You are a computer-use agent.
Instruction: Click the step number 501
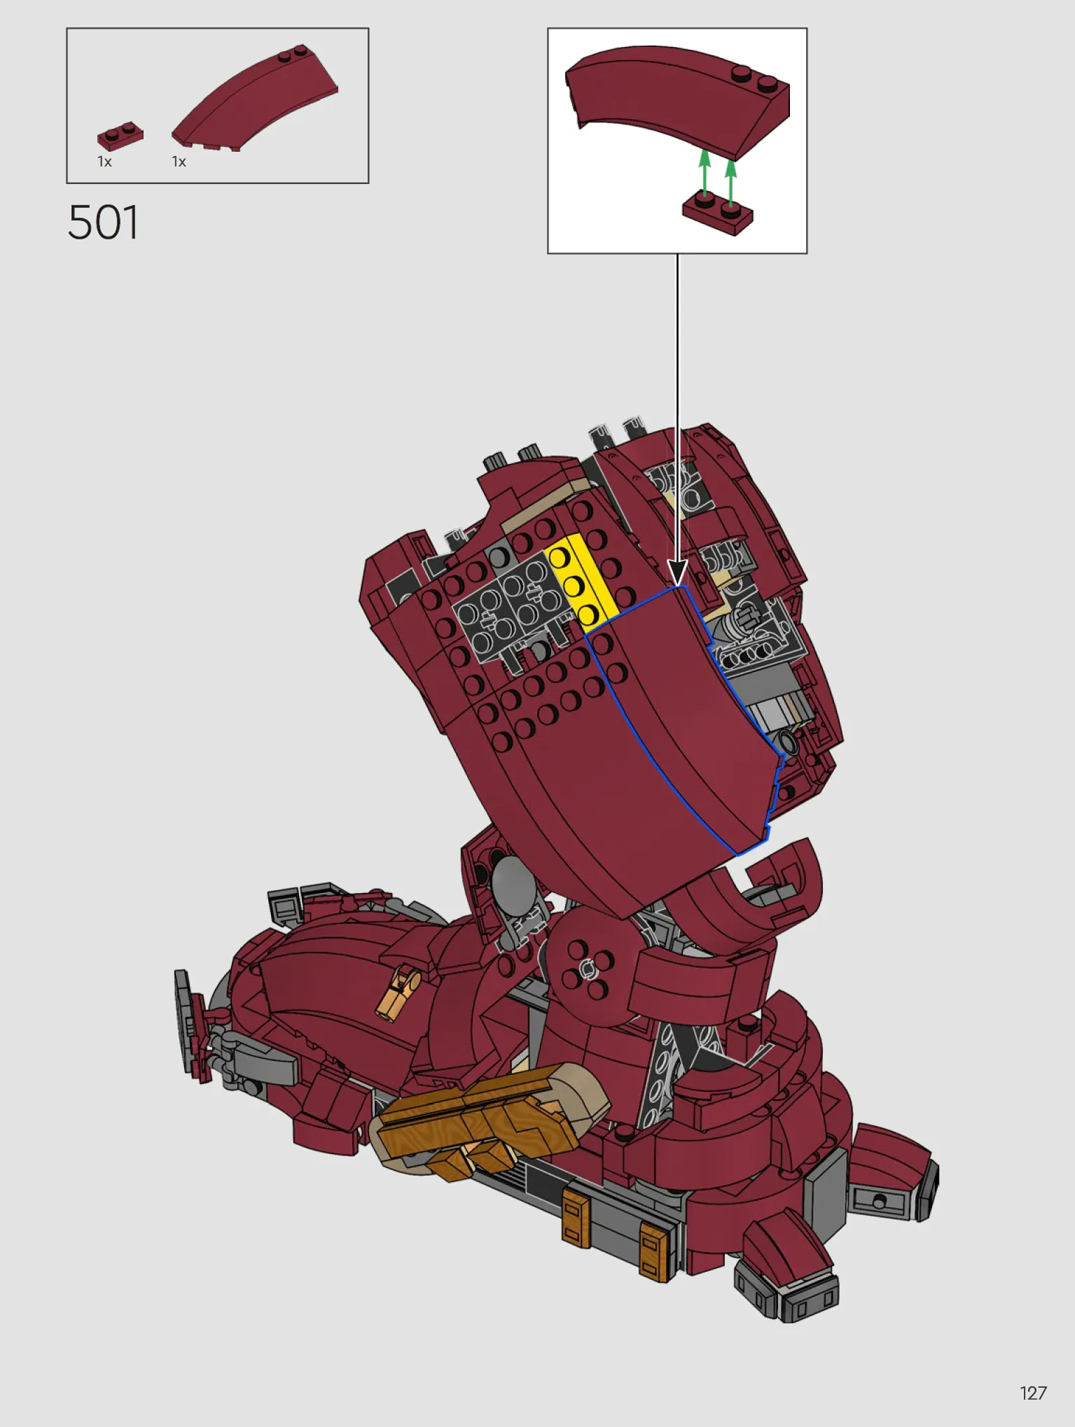(x=103, y=223)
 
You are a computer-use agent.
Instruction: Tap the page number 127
(x=1033, y=1393)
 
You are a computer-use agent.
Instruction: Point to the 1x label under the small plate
(x=104, y=162)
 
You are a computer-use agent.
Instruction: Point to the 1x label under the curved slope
(x=179, y=162)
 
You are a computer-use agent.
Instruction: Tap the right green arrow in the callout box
(x=731, y=183)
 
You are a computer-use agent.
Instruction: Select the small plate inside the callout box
(x=718, y=214)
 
